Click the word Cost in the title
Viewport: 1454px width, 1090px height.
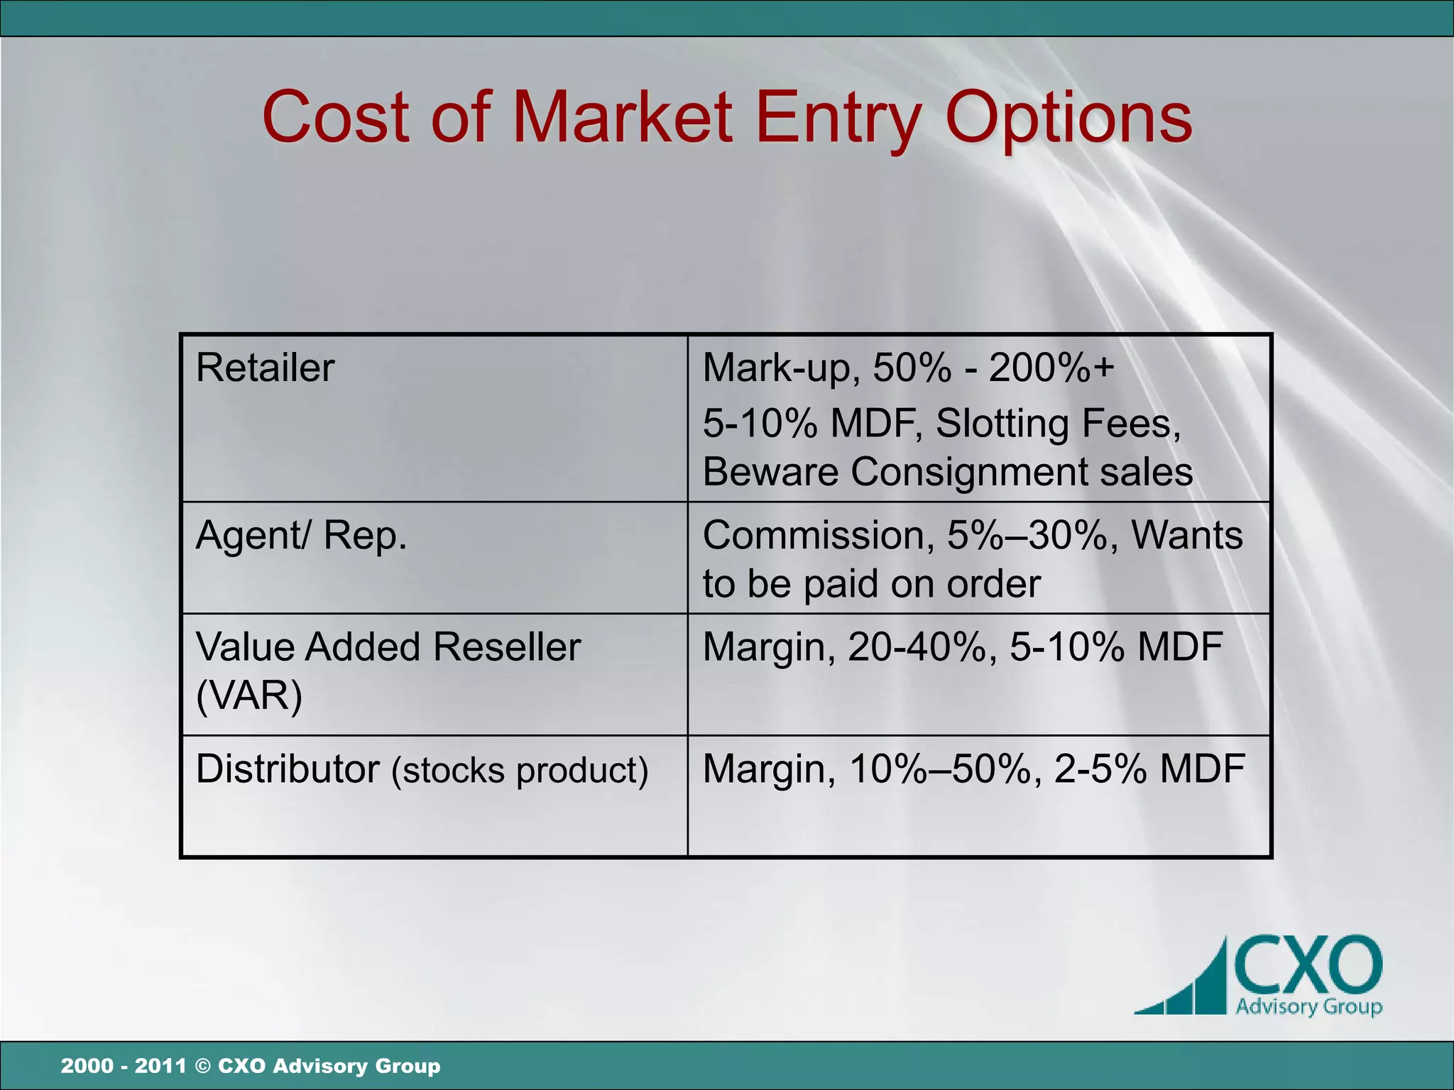click(337, 117)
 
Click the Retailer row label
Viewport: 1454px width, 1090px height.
click(265, 368)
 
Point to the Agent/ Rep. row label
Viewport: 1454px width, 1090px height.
click(301, 535)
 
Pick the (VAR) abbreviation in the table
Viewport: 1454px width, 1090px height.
click(248, 695)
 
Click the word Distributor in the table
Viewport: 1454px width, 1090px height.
click(288, 769)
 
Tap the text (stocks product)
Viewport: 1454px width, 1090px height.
click(520, 771)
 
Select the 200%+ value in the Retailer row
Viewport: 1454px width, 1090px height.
click(1051, 368)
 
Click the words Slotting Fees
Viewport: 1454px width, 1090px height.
click(1057, 424)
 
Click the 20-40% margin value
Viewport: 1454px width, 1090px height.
click(916, 646)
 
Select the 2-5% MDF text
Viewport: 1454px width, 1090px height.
click(1149, 769)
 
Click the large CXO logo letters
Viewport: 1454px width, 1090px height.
click(1308, 966)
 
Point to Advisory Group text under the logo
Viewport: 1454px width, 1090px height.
click(1308, 1006)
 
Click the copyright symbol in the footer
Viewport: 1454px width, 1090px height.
click(202, 1066)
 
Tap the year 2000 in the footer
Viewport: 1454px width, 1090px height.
click(87, 1066)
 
